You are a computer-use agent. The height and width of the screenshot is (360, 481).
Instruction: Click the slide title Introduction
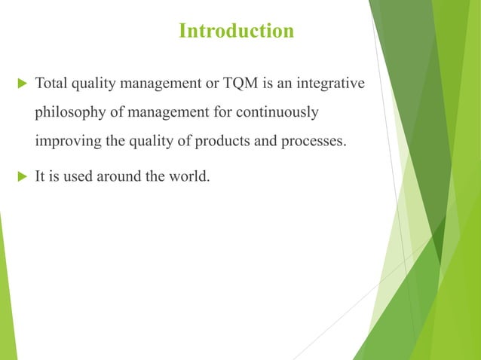tap(236, 32)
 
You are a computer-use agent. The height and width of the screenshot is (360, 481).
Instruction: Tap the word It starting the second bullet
tap(41, 178)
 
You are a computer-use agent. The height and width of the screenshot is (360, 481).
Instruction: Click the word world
tap(187, 178)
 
